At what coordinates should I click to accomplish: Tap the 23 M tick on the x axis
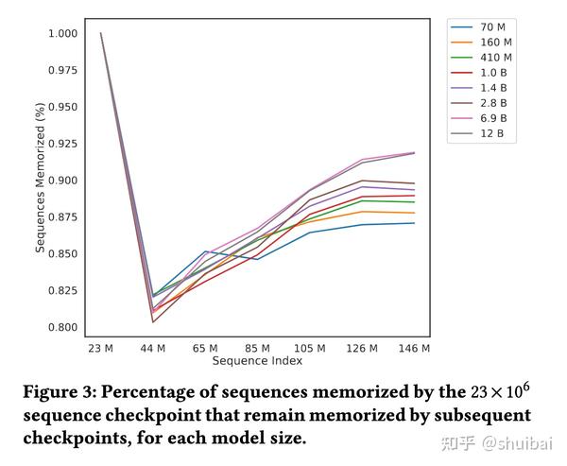pyautogui.click(x=100, y=349)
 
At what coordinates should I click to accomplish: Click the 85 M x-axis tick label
pyautogui.click(x=257, y=349)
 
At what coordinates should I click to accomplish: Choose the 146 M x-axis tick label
pyautogui.click(x=414, y=349)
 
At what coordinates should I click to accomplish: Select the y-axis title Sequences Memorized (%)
pyautogui.click(x=41, y=181)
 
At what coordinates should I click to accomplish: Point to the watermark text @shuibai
pyautogui.click(x=516, y=441)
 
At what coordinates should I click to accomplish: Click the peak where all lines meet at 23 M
pyautogui.click(x=100, y=33)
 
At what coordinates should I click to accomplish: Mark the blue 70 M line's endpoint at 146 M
pyautogui.click(x=414, y=223)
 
